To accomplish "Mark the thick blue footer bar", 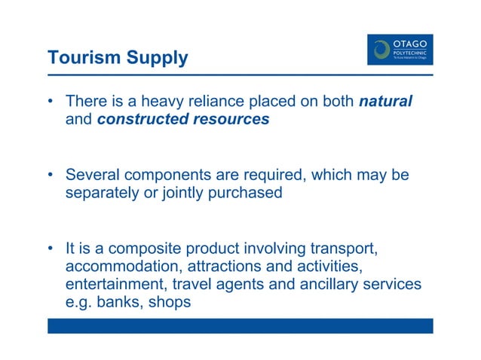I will tap(240, 325).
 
